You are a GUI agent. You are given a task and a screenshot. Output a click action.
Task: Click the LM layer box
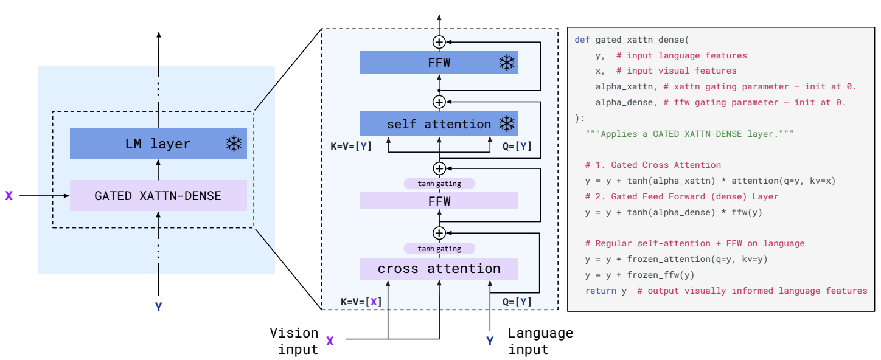pyautogui.click(x=158, y=144)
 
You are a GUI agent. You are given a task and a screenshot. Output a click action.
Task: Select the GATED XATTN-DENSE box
pyautogui.click(x=158, y=196)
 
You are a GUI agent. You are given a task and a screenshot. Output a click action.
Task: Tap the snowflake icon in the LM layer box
pyautogui.click(x=233, y=144)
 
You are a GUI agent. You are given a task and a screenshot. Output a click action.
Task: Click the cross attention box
pyautogui.click(x=439, y=269)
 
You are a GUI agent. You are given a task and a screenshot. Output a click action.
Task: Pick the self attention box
pyautogui.click(x=439, y=124)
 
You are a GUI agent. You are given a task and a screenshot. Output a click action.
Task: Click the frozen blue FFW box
pyautogui.click(x=439, y=63)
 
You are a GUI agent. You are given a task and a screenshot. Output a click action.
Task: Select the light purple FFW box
pyautogui.click(x=439, y=201)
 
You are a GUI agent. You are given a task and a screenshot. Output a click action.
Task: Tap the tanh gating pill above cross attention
pyautogui.click(x=439, y=248)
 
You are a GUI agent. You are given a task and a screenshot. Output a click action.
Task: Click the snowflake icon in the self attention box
pyautogui.click(x=506, y=124)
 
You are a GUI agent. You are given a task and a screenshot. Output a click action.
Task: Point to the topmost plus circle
pyautogui.click(x=439, y=41)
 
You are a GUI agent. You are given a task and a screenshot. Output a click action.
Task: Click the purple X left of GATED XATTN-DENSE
pyautogui.click(x=9, y=196)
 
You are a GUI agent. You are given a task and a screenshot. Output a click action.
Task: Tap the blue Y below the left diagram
pyautogui.click(x=158, y=307)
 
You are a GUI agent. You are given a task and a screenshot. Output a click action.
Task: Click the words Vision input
pyautogui.click(x=294, y=341)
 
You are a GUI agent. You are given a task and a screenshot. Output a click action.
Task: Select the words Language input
pyautogui.click(x=540, y=341)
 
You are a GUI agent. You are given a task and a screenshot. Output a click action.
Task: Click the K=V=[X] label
pyautogui.click(x=361, y=301)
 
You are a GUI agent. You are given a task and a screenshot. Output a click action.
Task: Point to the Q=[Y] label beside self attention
pyautogui.click(x=517, y=147)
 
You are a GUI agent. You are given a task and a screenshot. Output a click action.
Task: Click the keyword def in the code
pyautogui.click(x=582, y=40)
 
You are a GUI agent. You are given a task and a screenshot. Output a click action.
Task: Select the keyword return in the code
pyautogui.click(x=601, y=291)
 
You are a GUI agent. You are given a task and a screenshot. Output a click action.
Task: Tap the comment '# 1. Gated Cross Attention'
pyautogui.click(x=653, y=165)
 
